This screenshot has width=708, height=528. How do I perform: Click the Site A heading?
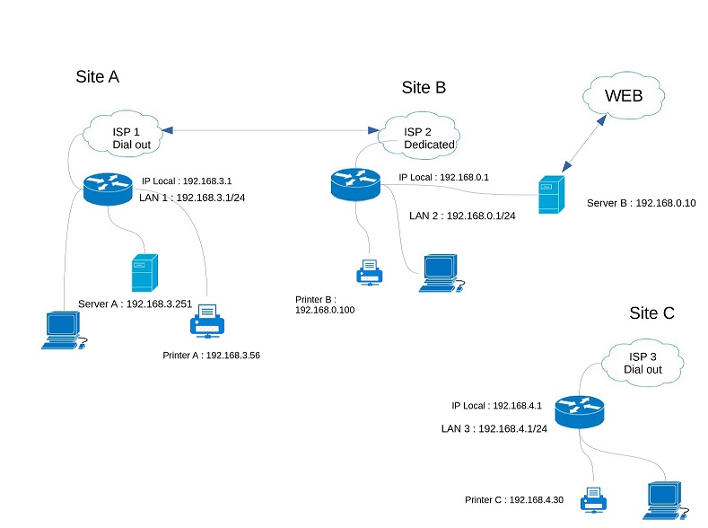click(98, 76)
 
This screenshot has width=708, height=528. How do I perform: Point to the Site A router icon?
click(106, 187)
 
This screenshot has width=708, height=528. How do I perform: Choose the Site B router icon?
click(355, 183)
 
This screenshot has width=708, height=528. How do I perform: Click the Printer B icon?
click(369, 271)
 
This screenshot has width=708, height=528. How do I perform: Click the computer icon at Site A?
click(64, 330)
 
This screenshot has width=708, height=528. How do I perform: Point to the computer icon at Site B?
click(440, 273)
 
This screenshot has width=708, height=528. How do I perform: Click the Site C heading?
click(651, 313)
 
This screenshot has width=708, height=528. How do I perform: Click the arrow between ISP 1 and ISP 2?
click(270, 132)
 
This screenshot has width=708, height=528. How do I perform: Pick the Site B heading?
click(424, 87)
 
